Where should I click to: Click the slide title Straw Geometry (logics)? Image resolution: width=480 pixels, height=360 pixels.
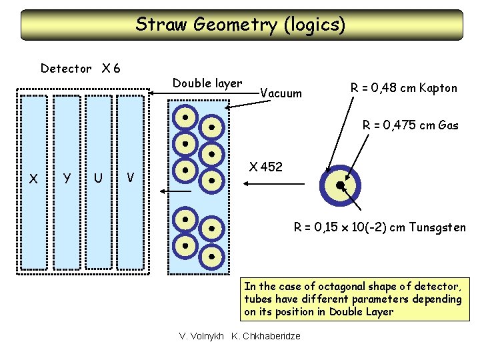pyautogui.click(x=240, y=25)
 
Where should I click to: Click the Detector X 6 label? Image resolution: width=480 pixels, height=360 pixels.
pyautogui.click(x=80, y=68)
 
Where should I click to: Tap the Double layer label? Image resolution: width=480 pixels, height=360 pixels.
pyautogui.click(x=207, y=83)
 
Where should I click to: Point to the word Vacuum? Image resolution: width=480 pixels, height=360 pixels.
pyautogui.click(x=280, y=93)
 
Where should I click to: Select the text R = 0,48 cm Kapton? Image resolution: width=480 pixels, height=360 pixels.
pyautogui.click(x=404, y=87)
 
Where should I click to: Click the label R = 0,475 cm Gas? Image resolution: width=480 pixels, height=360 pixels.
pyautogui.click(x=410, y=125)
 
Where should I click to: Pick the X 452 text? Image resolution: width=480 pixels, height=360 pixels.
pyautogui.click(x=265, y=167)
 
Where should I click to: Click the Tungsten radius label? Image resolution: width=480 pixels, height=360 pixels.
pyautogui.click(x=380, y=227)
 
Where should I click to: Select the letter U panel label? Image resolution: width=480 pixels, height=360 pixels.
pyautogui.click(x=98, y=178)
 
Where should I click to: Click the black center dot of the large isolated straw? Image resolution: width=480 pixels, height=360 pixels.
pyautogui.click(x=340, y=185)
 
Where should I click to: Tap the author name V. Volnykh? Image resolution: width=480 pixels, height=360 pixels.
pyautogui.click(x=202, y=335)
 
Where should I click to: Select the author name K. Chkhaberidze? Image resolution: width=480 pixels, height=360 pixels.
pyautogui.click(x=265, y=335)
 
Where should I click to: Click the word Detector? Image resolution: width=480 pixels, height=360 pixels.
pyautogui.click(x=66, y=68)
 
